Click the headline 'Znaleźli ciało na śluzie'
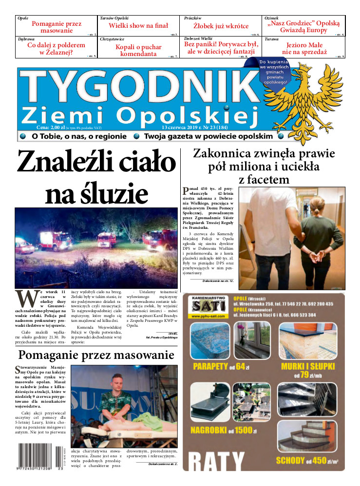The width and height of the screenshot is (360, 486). pyautogui.click(x=96, y=178)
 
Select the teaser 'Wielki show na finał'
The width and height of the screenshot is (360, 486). pyautogui.click(x=138, y=26)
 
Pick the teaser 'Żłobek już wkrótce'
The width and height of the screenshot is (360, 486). pyautogui.click(x=221, y=26)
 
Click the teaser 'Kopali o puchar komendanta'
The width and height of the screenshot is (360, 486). pyautogui.click(x=139, y=51)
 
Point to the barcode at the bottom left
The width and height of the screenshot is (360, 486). pyautogui.click(x=39, y=456)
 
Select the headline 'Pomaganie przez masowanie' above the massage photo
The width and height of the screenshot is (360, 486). pyautogui.click(x=96, y=355)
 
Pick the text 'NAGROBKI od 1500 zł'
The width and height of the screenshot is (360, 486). pyautogui.click(x=222, y=430)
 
